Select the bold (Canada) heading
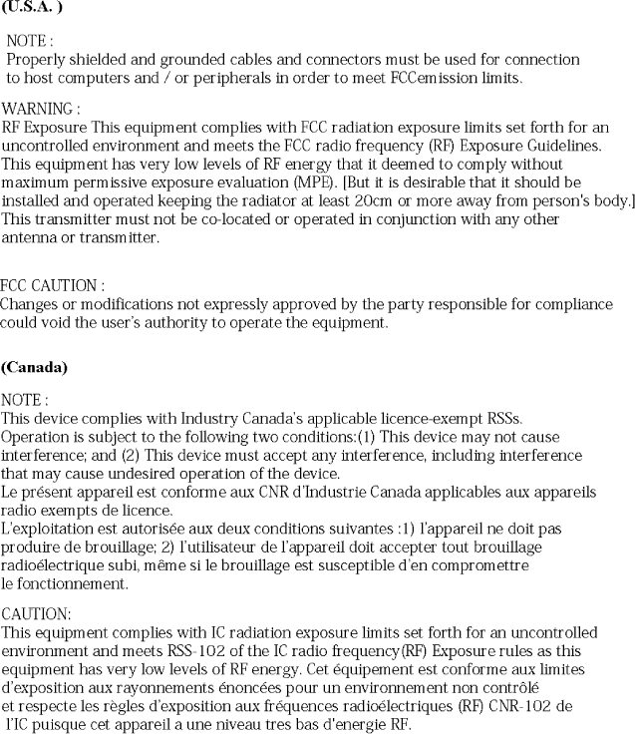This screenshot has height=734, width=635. pos(35,368)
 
